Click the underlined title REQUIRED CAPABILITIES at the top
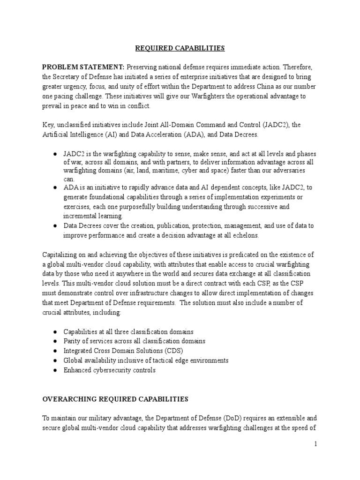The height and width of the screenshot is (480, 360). pos(180,48)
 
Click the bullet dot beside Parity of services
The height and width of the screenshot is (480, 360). pos(55,341)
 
